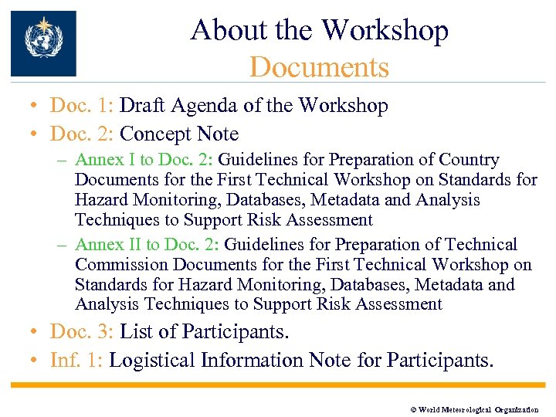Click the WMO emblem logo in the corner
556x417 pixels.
pyautogui.click(x=43, y=43)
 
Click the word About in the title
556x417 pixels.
pyautogui.click(x=219, y=30)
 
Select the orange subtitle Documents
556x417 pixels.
pyautogui.click(x=319, y=67)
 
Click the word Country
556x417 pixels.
pyautogui.click(x=469, y=160)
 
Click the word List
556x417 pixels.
pyautogui.click(x=137, y=332)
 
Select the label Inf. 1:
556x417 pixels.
pyautogui.click(x=78, y=361)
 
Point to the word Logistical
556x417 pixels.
pyautogui.click(x=152, y=361)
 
